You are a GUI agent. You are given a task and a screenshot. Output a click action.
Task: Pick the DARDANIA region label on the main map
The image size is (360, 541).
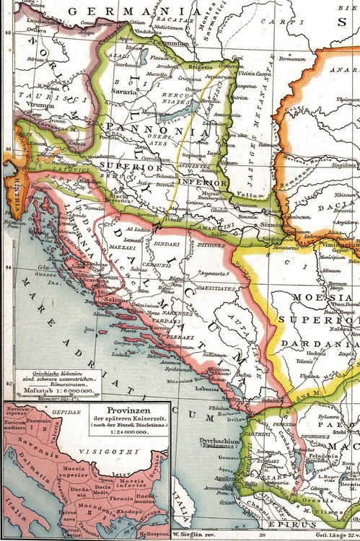point(322,334)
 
